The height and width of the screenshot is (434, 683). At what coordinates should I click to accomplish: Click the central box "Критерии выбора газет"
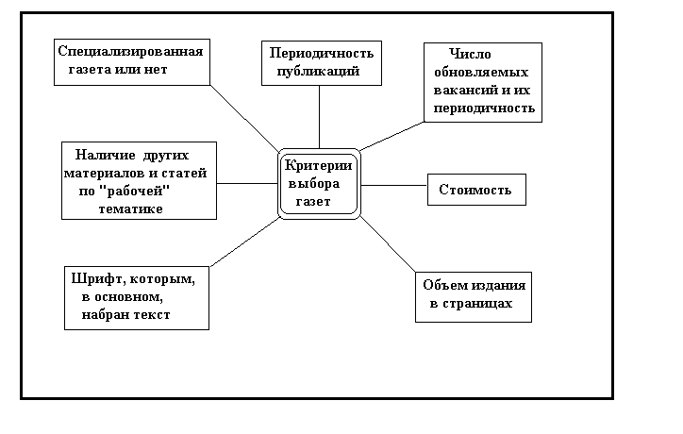pyautogui.click(x=320, y=182)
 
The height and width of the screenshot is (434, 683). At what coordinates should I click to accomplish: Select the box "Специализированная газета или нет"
pyautogui.click(x=130, y=60)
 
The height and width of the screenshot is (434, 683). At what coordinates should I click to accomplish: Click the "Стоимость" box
pyautogui.click(x=475, y=190)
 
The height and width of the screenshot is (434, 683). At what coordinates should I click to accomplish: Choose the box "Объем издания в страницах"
pyautogui.click(x=475, y=295)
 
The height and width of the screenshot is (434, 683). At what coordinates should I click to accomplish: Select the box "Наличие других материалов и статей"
pyautogui.click(x=139, y=179)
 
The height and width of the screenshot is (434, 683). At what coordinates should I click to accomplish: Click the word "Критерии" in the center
pyautogui.click(x=320, y=165)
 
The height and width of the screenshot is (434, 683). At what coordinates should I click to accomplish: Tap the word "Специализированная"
pyautogui.click(x=130, y=51)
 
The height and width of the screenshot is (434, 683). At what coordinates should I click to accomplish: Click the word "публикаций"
pyautogui.click(x=321, y=71)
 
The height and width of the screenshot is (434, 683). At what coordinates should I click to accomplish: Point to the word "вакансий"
pyautogui.click(x=459, y=92)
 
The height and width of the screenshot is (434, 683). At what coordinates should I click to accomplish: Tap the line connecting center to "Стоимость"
pyautogui.click(x=394, y=185)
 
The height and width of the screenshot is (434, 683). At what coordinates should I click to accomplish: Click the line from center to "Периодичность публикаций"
pyautogui.click(x=321, y=115)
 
